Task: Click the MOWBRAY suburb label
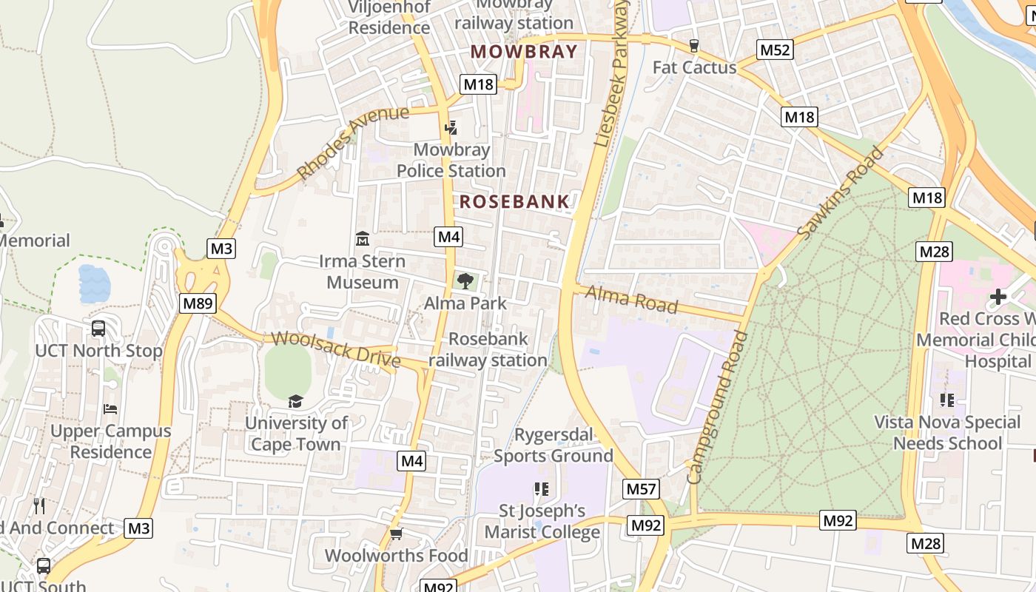(523, 52)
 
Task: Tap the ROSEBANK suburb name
(514, 201)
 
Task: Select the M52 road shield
(775, 50)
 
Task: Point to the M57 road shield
(641, 488)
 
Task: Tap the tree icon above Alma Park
(465, 281)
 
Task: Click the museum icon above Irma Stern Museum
(363, 239)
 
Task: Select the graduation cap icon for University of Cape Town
(296, 401)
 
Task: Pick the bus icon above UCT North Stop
(98, 329)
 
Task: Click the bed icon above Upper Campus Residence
(110, 409)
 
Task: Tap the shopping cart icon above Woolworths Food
(396, 534)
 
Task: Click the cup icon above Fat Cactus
(693, 46)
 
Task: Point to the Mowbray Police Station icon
(451, 128)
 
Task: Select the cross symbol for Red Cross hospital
(998, 297)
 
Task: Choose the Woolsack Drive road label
(336, 349)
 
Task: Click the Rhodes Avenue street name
(352, 142)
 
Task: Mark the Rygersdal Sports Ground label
(554, 445)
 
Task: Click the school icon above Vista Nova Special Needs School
(946, 400)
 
